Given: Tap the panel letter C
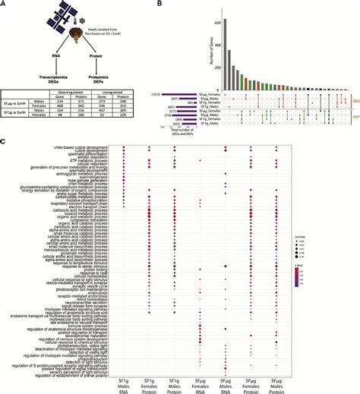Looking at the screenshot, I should click(5, 139).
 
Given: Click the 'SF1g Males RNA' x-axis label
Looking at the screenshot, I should click(125, 379).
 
